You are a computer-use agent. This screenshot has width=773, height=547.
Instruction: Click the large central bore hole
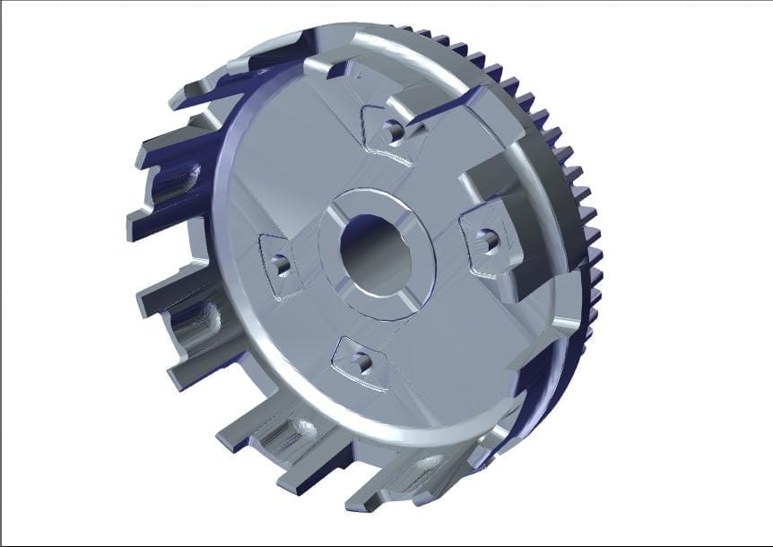coord(376,256)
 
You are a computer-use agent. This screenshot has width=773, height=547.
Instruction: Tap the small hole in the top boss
coord(391,131)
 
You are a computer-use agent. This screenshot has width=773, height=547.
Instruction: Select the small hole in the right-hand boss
coord(489,239)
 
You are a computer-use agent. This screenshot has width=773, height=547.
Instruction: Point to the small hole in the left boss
coord(281,265)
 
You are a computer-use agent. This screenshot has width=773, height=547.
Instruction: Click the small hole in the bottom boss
coord(363,363)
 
